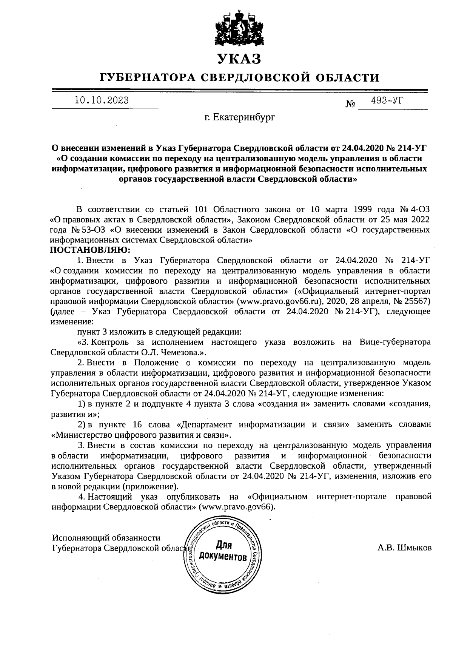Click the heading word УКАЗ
[239, 59]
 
